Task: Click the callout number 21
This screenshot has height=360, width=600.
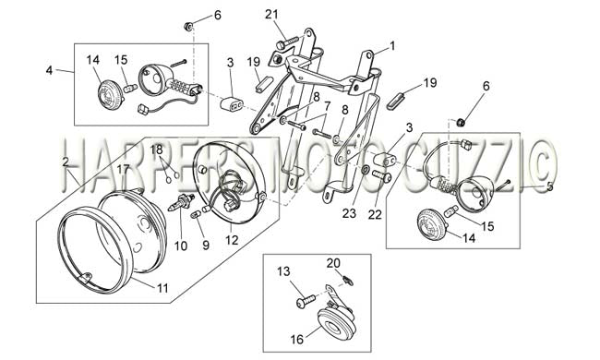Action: tap(271, 15)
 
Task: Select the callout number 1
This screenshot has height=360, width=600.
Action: tap(391, 46)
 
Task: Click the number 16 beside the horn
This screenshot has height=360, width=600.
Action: tap(296, 339)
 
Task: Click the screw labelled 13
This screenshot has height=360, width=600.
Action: tap(306, 300)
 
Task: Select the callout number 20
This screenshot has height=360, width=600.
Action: tap(333, 263)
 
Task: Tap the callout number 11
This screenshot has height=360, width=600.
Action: tap(162, 288)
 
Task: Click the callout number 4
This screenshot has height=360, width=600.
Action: tap(49, 70)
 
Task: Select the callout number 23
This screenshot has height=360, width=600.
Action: tap(349, 213)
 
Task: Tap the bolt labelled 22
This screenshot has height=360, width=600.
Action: tap(381, 175)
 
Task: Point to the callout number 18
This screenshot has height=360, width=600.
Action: tap(156, 150)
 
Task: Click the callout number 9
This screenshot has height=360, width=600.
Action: tap(206, 246)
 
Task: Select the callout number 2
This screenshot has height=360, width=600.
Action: tap(66, 162)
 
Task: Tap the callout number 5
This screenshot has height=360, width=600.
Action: tap(550, 186)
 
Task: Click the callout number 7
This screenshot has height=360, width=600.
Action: tap(327, 105)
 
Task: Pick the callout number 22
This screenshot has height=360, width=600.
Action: tap(375, 215)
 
